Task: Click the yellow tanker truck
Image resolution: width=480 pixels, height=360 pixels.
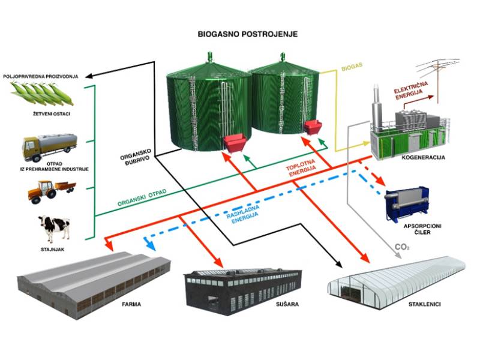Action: click(49, 146)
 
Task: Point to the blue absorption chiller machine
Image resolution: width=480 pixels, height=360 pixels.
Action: click(407, 203)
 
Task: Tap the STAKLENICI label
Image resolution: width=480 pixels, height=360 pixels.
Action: click(424, 304)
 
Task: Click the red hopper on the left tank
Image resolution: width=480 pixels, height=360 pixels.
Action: click(235, 143)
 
